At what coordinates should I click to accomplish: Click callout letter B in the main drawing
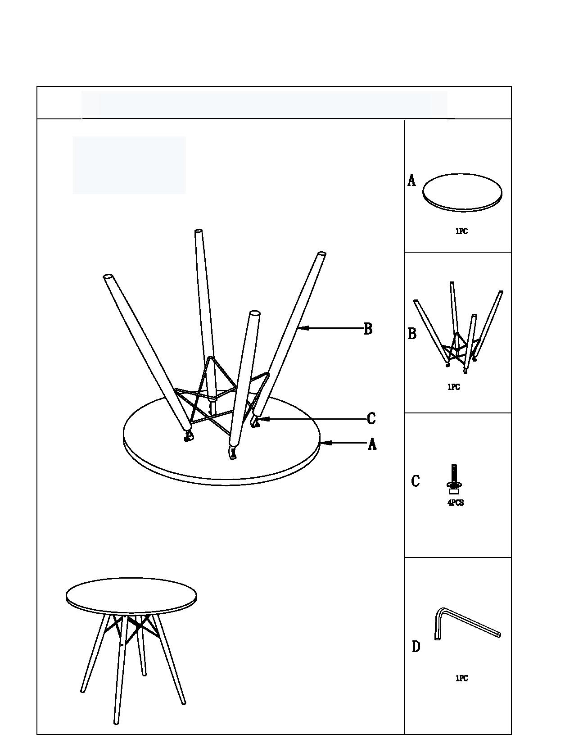(368, 329)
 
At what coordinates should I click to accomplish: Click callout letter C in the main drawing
(371, 418)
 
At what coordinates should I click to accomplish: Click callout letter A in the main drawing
(372, 444)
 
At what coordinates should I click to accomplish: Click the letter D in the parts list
(416, 647)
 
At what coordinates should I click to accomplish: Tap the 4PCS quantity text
(455, 503)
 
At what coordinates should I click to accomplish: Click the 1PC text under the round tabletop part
(461, 231)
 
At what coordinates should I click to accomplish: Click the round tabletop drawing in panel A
(462, 192)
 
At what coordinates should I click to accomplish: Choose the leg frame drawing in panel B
(458, 333)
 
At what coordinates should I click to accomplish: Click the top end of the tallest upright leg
(198, 232)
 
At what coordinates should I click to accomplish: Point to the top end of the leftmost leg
(108, 276)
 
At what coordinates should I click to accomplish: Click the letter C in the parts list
(416, 481)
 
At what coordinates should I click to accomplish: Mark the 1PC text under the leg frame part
(453, 387)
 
